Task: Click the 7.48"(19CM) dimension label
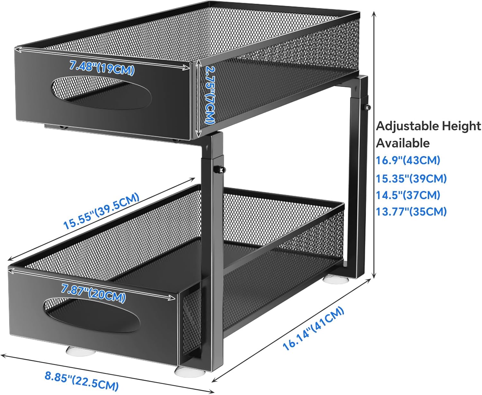pyautogui.click(x=102, y=67)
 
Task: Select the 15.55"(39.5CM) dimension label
pyautogui.click(x=101, y=211)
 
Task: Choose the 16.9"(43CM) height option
pyautogui.click(x=408, y=160)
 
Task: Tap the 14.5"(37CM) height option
pyautogui.click(x=408, y=195)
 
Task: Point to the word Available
pyautogui.click(x=403, y=143)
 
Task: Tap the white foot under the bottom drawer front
pyautogui.click(x=81, y=350)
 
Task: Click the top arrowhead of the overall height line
pyautogui.click(x=374, y=13)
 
